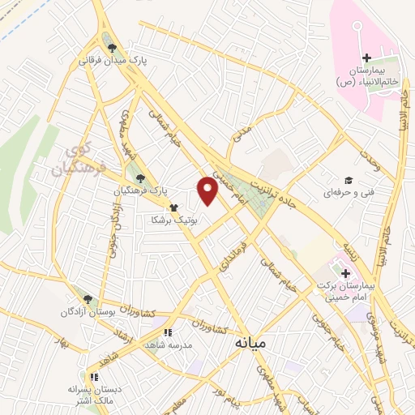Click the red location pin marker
(x=208, y=190)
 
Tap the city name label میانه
(x=250, y=343)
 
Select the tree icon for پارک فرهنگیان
(x=141, y=178)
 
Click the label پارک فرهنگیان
(x=136, y=190)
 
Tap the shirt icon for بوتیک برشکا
(x=173, y=207)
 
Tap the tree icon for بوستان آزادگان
(x=88, y=299)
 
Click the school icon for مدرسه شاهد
(x=168, y=332)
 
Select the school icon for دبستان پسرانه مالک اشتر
(x=94, y=377)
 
